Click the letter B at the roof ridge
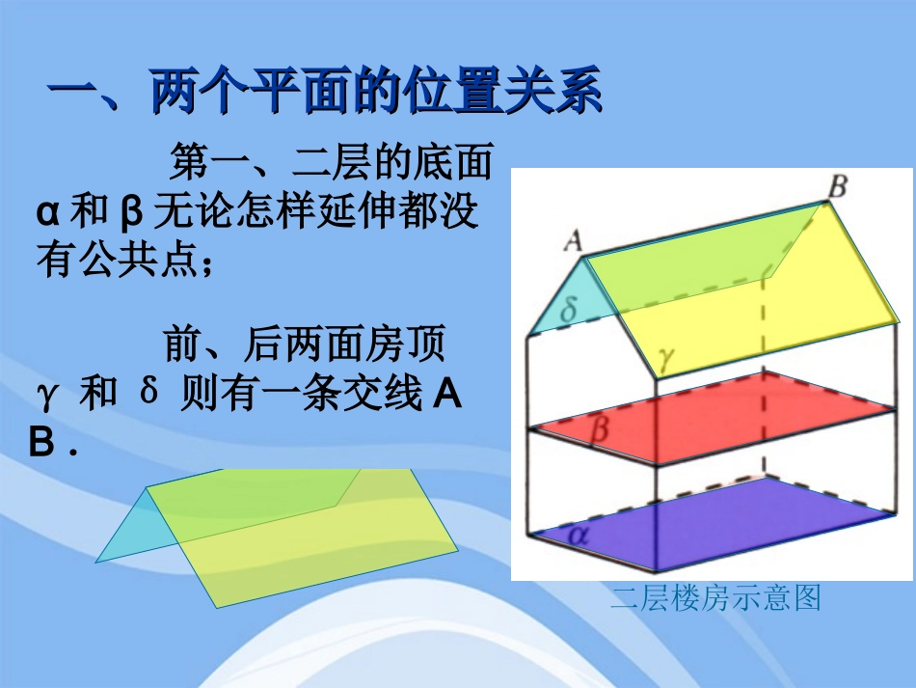838,186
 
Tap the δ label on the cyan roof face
569,308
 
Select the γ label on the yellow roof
666,358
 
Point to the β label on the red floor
598,429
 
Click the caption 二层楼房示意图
714,598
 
